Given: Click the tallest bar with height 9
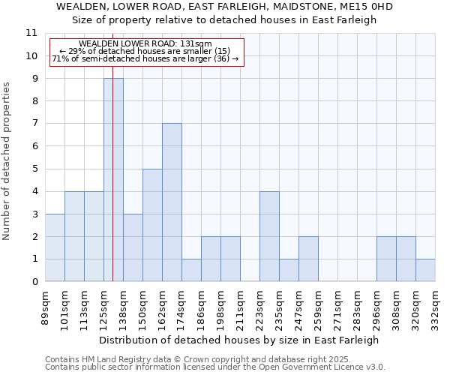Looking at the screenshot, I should coord(113,180).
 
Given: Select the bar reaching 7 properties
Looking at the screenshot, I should coord(172,202).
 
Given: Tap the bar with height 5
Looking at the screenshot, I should coord(152,225).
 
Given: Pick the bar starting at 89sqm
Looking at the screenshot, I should coord(55,247).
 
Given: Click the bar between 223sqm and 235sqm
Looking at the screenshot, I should coord(269,236).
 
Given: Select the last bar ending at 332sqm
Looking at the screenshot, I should coord(425,270).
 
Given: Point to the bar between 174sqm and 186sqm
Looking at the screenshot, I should coord(191,270).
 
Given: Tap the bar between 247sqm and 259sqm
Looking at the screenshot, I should coord(308,259).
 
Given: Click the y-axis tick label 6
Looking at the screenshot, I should coord(34,146).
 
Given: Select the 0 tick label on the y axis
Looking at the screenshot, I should coord(34,282).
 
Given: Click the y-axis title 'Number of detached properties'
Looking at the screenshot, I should coord(7,161).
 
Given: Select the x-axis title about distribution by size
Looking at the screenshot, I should coord(238,340).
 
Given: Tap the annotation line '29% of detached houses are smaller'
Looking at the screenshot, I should coord(145,51).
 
